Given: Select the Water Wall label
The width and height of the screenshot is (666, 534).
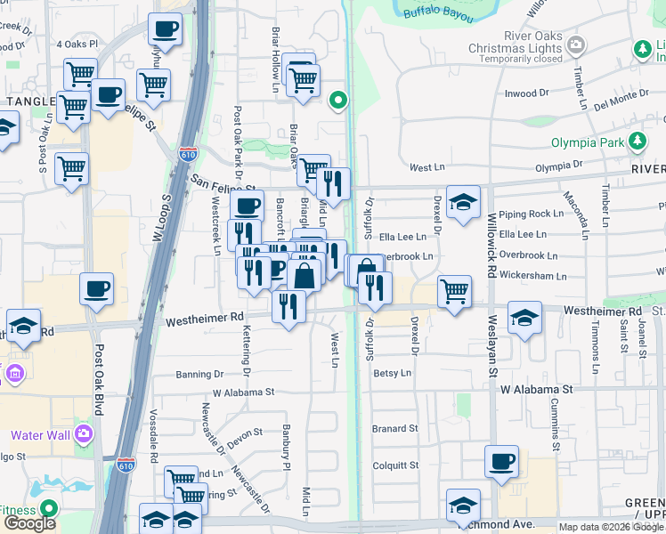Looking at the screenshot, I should click(x=39, y=435).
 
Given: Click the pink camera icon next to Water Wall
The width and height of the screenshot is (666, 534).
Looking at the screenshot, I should click(x=83, y=434).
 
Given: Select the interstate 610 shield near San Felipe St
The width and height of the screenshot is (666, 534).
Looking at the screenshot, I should click(x=188, y=153).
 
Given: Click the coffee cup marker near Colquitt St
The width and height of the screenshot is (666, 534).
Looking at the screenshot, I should click(x=501, y=462).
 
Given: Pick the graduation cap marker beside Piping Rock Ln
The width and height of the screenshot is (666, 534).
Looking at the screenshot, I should click(x=463, y=202).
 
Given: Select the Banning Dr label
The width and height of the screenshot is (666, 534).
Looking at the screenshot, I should click(x=199, y=375).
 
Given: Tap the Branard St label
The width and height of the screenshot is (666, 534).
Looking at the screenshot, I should click(x=395, y=428).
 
